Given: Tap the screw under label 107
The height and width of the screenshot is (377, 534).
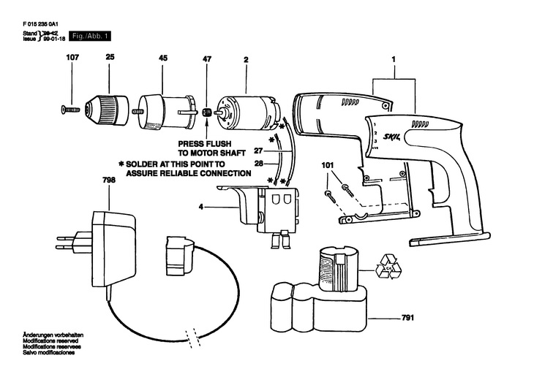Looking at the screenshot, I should tap(69, 110).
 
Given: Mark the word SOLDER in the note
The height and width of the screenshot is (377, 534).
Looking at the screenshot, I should tap(143, 165).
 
